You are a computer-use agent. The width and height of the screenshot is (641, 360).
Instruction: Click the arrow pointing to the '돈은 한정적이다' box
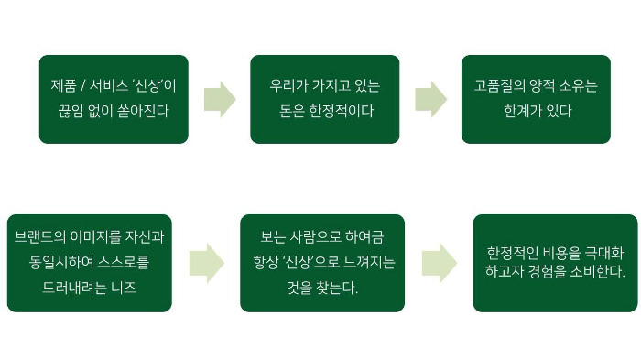click(x=220, y=99)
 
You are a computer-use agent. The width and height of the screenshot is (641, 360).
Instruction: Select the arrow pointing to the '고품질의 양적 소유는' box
click(x=430, y=99)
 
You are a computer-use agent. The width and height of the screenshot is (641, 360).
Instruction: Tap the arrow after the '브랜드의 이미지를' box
click(x=206, y=263)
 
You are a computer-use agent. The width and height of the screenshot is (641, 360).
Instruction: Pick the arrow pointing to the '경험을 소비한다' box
click(x=439, y=263)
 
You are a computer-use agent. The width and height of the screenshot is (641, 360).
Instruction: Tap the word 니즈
click(x=136, y=287)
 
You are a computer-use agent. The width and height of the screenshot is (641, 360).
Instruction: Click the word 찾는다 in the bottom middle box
click(x=336, y=287)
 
